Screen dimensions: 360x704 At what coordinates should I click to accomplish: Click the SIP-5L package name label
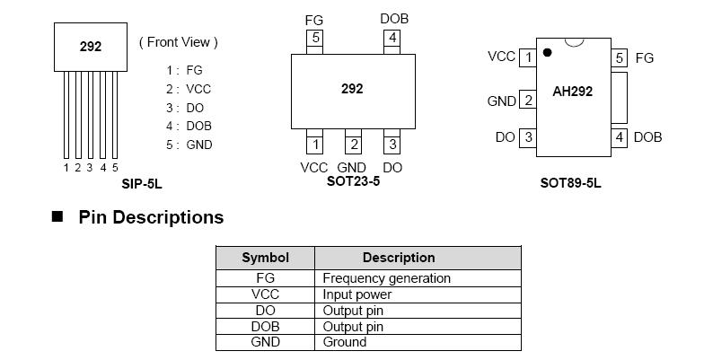tap(142, 184)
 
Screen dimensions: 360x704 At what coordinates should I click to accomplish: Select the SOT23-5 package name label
tap(353, 180)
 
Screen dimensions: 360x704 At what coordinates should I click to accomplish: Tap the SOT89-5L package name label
tap(570, 183)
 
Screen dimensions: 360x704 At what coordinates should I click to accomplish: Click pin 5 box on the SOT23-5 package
tap(314, 38)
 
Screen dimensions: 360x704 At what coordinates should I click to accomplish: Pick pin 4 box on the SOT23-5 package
tap(392, 38)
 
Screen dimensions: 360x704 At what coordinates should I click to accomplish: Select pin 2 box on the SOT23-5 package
tap(354, 145)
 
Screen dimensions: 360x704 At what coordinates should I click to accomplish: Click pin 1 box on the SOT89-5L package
tap(528, 57)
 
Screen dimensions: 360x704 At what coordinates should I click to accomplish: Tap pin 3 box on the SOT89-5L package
tap(528, 137)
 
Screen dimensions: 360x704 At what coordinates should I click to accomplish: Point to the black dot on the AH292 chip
tap(547, 53)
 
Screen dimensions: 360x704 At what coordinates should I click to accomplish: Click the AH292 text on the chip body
tap(572, 91)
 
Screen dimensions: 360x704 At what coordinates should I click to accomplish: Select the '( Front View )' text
tap(178, 42)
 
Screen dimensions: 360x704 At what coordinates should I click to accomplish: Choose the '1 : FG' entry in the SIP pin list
tap(184, 69)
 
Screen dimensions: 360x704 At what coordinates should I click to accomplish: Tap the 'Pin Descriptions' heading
tap(151, 217)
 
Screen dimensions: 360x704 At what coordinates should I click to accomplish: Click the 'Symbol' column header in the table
tap(265, 258)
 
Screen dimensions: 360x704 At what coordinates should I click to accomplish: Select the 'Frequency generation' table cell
tap(386, 278)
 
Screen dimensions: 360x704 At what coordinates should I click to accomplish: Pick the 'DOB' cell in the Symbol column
tap(265, 327)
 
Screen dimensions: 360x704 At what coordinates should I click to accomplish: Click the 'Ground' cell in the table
tap(345, 342)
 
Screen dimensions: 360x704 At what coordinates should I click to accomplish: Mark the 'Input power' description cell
tap(357, 294)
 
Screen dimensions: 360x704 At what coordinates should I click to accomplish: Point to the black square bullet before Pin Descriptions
tap(58, 217)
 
